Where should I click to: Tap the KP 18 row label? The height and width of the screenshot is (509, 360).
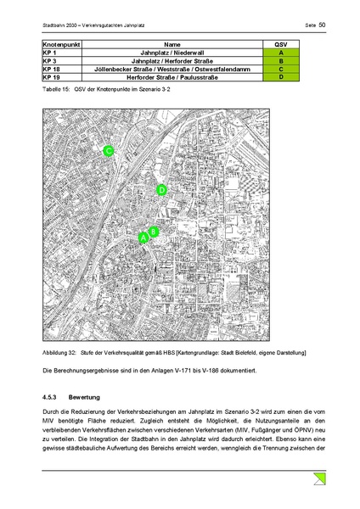coord(51,69)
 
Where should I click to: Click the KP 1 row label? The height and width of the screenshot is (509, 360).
coord(48,53)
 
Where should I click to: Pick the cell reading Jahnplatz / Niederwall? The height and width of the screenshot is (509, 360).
coord(173,53)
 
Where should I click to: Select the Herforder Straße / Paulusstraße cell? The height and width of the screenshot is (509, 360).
coord(173,77)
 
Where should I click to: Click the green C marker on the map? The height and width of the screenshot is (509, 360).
coord(109,151)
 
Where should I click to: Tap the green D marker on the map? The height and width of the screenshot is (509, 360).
coord(161,190)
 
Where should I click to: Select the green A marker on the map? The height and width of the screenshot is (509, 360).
coord(143,239)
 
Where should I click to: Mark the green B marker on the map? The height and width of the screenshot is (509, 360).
coord(154,232)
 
